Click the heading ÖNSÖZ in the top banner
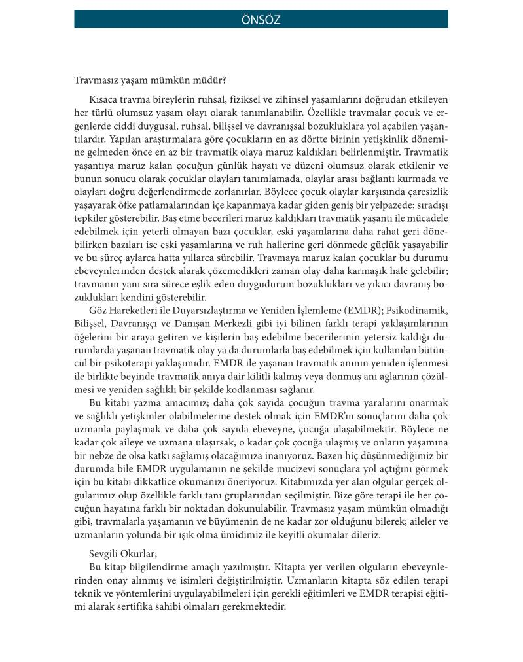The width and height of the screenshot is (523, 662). pos(261,20)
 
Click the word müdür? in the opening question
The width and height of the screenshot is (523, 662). pos(209,81)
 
